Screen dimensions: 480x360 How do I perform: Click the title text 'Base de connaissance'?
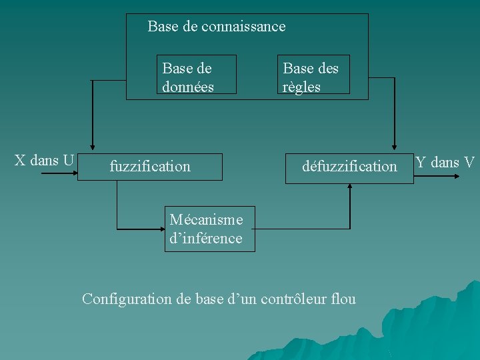coord(216,27)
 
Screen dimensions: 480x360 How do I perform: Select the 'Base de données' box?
coord(196,75)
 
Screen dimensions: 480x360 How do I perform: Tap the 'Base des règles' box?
coord(313,75)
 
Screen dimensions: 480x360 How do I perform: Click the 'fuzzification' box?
coord(150,166)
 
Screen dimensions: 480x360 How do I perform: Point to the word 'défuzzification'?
coord(349,166)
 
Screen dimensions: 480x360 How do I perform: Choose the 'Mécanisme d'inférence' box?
coord(210,229)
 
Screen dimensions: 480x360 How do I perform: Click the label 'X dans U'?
coord(44,161)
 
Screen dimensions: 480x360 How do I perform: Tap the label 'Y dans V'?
coord(445,162)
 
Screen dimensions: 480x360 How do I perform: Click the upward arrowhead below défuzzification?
coord(349,187)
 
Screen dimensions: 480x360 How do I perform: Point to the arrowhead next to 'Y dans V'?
coord(456,175)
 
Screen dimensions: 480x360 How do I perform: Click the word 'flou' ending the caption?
coord(343,299)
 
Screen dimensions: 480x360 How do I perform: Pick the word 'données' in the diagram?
coord(188,87)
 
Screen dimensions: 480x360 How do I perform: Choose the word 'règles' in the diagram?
coord(301,87)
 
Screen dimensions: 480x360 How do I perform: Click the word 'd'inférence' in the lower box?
coord(205,238)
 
